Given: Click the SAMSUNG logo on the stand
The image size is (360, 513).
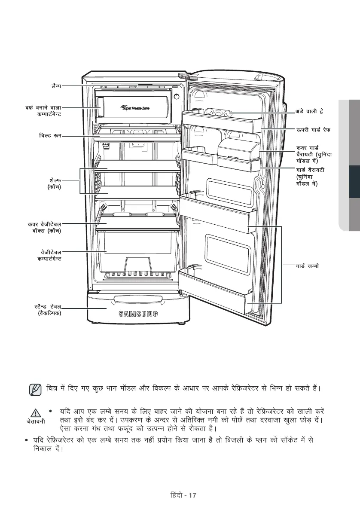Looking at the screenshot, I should (137, 312).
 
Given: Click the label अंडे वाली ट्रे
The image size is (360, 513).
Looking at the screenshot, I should (309, 111).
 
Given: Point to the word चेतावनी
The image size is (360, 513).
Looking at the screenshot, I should (36, 421).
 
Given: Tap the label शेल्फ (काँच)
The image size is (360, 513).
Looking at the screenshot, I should (54, 183).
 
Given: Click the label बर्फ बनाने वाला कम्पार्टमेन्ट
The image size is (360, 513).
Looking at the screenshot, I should (43, 110).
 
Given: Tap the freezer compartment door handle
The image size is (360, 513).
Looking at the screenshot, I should (101, 107).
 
